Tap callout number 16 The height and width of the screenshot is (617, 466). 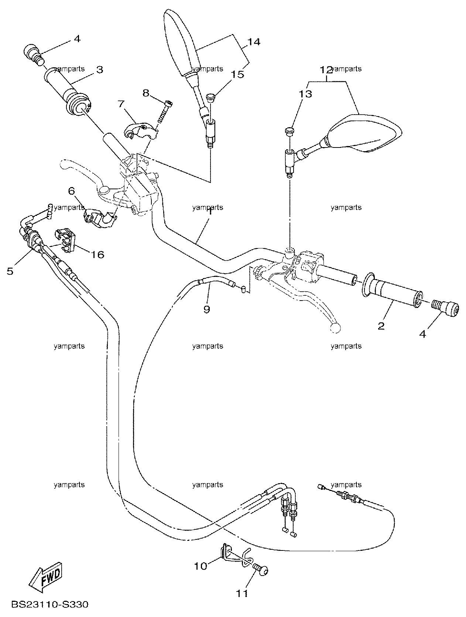(97, 255)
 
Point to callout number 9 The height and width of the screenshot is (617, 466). (207, 309)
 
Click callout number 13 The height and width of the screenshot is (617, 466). (305, 94)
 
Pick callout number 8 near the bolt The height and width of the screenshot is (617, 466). (146, 93)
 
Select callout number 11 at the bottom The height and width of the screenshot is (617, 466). (242, 593)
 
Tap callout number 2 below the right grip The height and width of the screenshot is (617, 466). (381, 326)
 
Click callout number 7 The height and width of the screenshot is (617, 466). (121, 104)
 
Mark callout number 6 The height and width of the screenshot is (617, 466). (72, 191)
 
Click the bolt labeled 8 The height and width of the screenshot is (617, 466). (165, 112)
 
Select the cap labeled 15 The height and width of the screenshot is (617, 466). (210, 98)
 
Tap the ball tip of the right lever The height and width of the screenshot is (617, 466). (335, 328)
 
